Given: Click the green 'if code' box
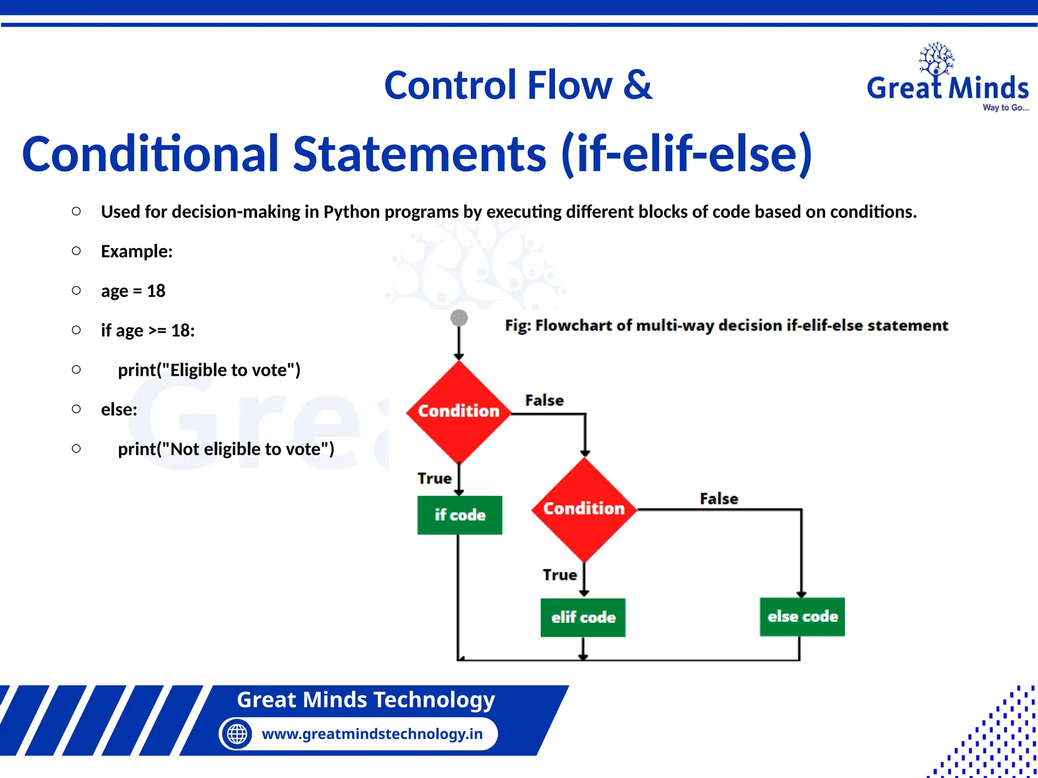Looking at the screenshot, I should click(459, 515).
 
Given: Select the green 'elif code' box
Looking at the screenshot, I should click(583, 617).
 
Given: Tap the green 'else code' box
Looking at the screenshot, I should click(802, 616).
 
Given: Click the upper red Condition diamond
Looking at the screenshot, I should click(459, 411).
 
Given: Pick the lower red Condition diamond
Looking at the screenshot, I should click(584, 509).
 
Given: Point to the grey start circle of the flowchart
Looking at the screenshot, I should click(459, 318).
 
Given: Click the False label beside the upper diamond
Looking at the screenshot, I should click(544, 400).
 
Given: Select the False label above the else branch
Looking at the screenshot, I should click(719, 498).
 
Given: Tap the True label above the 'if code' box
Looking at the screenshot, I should click(434, 478).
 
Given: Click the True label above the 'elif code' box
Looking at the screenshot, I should click(560, 574).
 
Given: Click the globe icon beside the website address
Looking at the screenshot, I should click(237, 733).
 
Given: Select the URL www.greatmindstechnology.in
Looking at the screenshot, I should click(372, 733).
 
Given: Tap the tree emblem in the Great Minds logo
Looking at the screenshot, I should click(937, 59).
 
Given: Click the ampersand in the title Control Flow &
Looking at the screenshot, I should click(638, 85).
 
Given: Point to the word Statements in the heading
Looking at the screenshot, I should click(420, 153).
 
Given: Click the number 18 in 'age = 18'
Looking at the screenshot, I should click(156, 291).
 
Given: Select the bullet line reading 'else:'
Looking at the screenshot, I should click(119, 409).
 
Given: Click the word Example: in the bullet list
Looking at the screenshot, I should click(137, 251).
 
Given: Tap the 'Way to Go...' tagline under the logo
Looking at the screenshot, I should click(1006, 107).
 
